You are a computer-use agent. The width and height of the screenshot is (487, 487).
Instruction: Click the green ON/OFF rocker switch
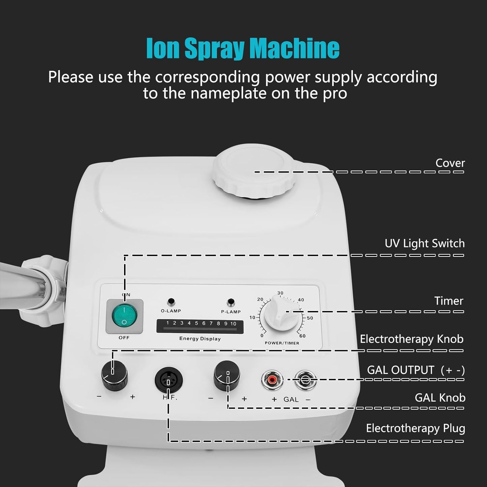pos(124,316)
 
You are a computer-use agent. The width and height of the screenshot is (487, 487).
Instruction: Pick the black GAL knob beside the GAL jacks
pos(227,374)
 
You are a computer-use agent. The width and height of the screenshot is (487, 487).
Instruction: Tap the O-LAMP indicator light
pos(171,301)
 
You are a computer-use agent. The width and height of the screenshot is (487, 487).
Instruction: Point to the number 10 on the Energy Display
pos(233,324)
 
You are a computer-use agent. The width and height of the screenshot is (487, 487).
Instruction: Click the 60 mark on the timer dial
pos(302,336)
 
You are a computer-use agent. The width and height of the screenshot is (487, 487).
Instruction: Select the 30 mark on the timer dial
pos(280,293)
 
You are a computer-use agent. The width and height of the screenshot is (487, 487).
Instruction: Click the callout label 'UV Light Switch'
pos(424,243)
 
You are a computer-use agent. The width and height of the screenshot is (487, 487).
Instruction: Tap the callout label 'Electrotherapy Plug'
pos(415,428)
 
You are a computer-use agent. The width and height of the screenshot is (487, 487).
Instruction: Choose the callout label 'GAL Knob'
pos(440,398)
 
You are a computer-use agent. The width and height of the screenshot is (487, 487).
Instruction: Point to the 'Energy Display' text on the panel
pos(200,339)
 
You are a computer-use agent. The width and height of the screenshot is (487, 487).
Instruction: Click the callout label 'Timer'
pos(449,301)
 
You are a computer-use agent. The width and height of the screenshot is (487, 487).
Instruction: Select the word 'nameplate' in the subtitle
pos(230,93)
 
